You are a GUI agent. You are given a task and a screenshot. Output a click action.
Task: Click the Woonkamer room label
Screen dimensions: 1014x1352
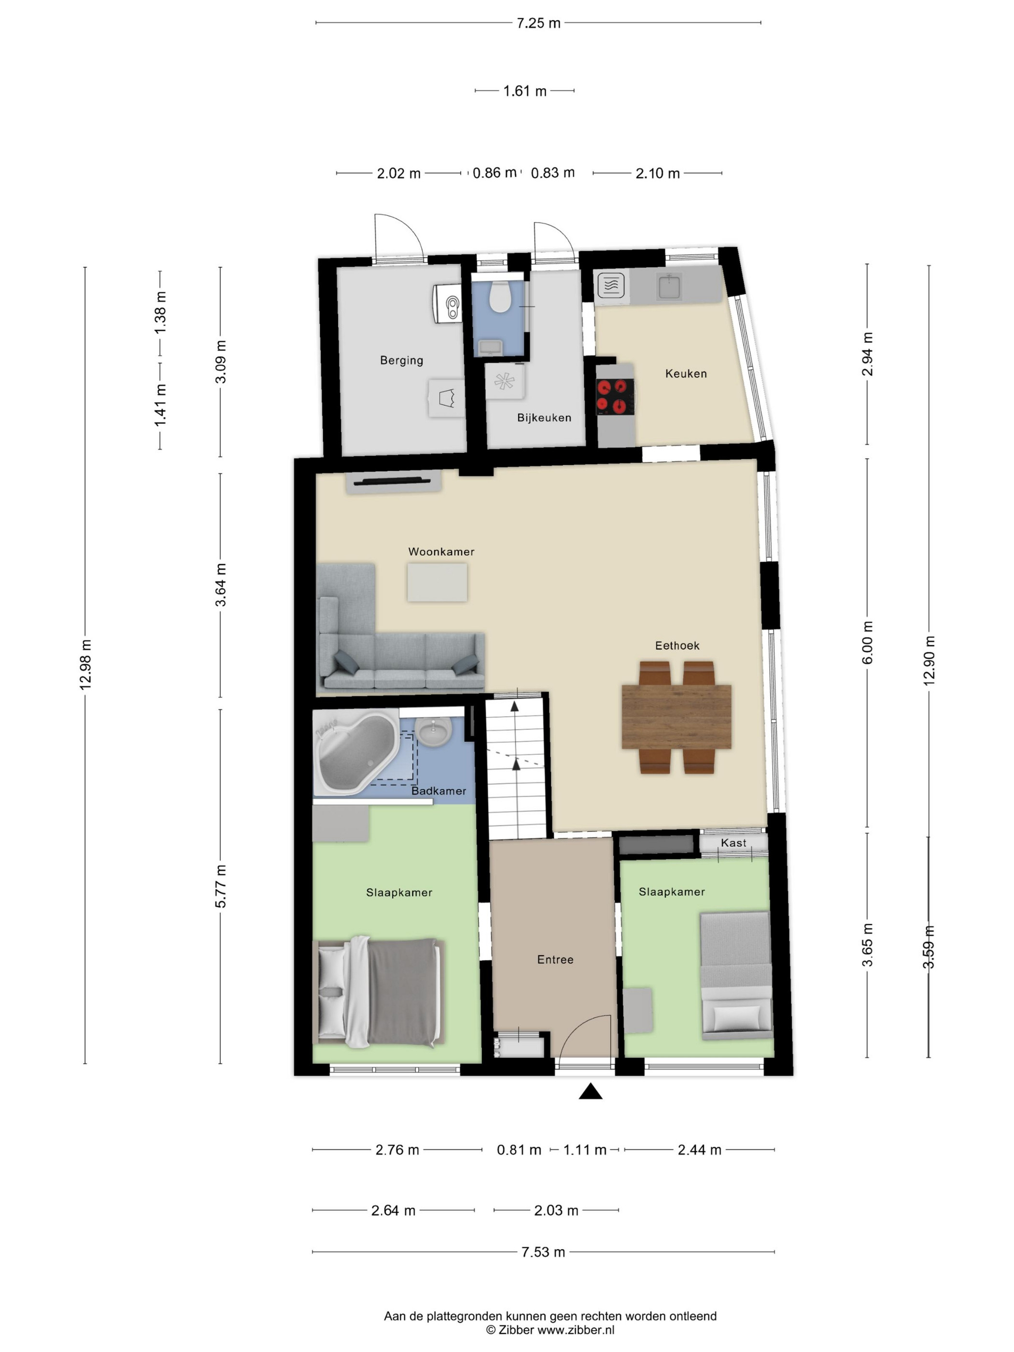click(441, 551)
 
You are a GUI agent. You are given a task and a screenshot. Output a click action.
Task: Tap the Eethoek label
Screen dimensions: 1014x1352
click(676, 646)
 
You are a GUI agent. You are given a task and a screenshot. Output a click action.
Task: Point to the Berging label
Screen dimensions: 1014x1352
click(401, 360)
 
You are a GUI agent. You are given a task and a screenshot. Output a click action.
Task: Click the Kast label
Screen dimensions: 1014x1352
click(733, 843)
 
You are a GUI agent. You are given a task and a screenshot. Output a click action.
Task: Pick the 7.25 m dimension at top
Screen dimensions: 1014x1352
click(538, 23)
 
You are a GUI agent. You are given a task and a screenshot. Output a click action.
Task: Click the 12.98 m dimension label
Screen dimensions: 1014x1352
click(85, 665)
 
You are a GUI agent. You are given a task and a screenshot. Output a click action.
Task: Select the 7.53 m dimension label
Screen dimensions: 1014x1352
click(543, 1252)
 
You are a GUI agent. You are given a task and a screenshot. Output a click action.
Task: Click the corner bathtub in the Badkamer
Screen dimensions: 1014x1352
click(355, 752)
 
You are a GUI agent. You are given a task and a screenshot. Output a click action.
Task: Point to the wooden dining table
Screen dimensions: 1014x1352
click(676, 717)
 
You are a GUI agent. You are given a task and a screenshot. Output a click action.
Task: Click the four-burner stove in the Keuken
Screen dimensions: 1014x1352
click(614, 395)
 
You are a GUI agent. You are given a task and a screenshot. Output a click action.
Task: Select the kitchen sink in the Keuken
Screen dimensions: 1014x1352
click(669, 287)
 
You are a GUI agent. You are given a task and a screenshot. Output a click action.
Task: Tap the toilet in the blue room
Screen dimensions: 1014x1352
click(501, 297)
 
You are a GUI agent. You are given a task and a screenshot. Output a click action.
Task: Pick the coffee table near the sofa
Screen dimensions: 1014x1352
click(437, 582)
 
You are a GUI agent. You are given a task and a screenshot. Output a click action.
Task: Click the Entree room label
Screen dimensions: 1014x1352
click(555, 959)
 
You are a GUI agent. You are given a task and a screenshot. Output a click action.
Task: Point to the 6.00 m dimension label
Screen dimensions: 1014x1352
click(867, 642)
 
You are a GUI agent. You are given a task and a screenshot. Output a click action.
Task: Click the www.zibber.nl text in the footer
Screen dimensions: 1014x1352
click(576, 1330)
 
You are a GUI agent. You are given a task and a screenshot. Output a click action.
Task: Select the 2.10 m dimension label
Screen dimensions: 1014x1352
click(657, 173)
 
